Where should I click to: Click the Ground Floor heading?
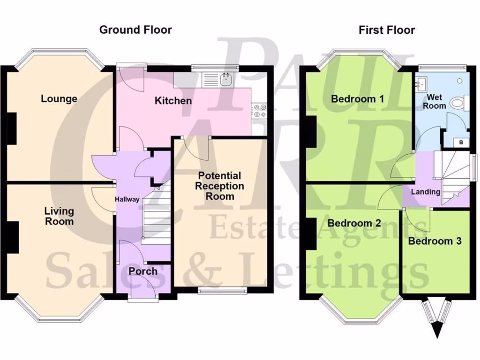135,30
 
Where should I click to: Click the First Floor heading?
387,30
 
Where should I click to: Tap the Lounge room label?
59,99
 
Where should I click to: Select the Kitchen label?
173,101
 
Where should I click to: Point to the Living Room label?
59,216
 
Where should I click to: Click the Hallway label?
127,200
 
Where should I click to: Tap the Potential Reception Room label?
220,186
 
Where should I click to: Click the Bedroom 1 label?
357,99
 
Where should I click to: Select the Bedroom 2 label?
354,223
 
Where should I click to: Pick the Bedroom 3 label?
435,241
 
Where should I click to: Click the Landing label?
426,192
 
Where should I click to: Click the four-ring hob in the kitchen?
259,111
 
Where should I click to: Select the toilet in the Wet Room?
457,103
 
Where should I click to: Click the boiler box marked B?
461,142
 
